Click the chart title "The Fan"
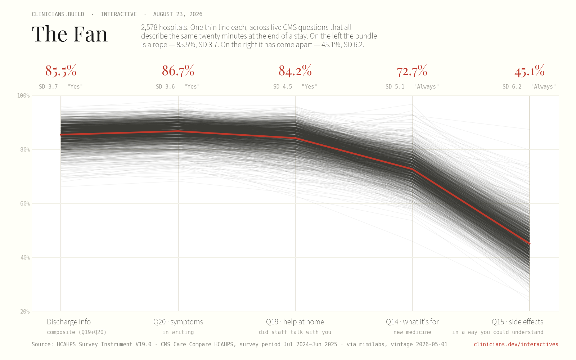[x=70, y=34]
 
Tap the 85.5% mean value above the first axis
[x=61, y=71]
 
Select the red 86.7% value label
[x=178, y=71]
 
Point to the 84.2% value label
[x=295, y=71]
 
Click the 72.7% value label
[x=412, y=71]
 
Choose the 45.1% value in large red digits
[x=530, y=71]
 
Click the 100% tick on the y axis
[x=23, y=96]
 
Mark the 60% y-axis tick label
[x=25, y=204]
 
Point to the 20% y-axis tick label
[x=25, y=312]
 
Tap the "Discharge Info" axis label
[x=69, y=322]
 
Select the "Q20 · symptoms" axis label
[x=178, y=322]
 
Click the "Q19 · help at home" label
[x=295, y=322]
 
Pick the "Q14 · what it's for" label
[x=412, y=322]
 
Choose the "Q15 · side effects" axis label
[x=517, y=322]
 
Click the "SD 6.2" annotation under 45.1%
[x=512, y=87]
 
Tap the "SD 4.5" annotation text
[x=283, y=87]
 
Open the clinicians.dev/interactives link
[x=516, y=344]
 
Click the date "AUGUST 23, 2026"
[x=178, y=14]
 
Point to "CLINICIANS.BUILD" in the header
[x=58, y=14]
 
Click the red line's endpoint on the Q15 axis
[x=530, y=244]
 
